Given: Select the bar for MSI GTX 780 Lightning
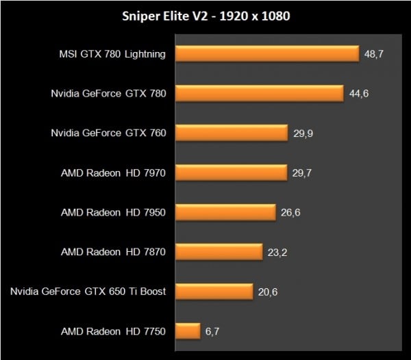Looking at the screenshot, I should (267, 53).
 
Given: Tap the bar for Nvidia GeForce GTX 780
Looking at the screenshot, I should (259, 93).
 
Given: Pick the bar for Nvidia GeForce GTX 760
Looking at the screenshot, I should (231, 133).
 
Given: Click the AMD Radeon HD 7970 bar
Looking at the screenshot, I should (231, 172).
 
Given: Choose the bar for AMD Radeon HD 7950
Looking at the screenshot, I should (225, 212).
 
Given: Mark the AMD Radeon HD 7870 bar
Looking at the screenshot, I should (219, 252).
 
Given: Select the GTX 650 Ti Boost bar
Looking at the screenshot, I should (214, 292).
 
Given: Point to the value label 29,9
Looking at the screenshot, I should (303, 133).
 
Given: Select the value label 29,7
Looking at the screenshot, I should (303, 172).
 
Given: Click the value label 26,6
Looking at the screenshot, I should (290, 212).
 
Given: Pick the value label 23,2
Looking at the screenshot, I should (278, 252).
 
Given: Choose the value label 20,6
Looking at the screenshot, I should (269, 292).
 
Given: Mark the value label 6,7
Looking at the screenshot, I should (212, 331).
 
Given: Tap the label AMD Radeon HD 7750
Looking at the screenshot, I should (114, 331).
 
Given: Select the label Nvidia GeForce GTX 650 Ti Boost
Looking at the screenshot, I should (88, 292).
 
